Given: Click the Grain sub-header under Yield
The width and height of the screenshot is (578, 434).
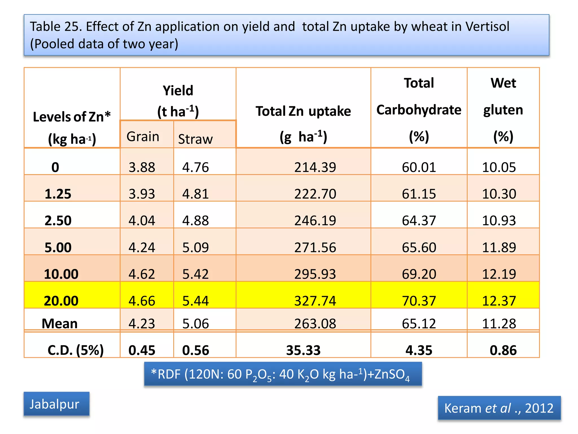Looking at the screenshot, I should [143, 137].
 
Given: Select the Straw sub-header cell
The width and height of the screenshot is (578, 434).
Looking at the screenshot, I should [195, 139].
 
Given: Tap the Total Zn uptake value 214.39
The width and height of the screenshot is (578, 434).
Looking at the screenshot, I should [315, 167].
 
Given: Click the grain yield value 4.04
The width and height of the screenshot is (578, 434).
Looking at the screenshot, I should [142, 220].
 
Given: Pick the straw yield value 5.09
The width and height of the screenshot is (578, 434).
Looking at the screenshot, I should [195, 247].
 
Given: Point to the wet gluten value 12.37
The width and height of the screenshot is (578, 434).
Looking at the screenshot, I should [499, 301].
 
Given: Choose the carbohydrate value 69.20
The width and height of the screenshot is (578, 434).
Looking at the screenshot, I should [419, 274].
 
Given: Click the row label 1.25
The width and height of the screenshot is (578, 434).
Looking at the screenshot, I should [58, 194].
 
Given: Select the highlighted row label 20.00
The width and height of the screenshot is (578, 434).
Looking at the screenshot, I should [61, 301].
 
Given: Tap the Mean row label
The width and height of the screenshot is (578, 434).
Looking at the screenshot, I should [60, 324].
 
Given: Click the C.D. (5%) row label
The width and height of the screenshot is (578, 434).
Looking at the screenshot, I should [76, 350].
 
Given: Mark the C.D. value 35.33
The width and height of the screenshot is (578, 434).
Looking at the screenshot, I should [303, 350].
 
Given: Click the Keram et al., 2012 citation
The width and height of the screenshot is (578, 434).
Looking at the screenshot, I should [499, 408].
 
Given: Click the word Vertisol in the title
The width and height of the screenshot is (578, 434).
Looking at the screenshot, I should [487, 27].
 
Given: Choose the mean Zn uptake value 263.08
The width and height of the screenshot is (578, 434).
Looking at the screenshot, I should [315, 324].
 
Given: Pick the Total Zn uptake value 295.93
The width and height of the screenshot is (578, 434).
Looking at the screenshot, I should [315, 274].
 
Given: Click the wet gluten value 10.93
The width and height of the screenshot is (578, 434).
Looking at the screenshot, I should [499, 220].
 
